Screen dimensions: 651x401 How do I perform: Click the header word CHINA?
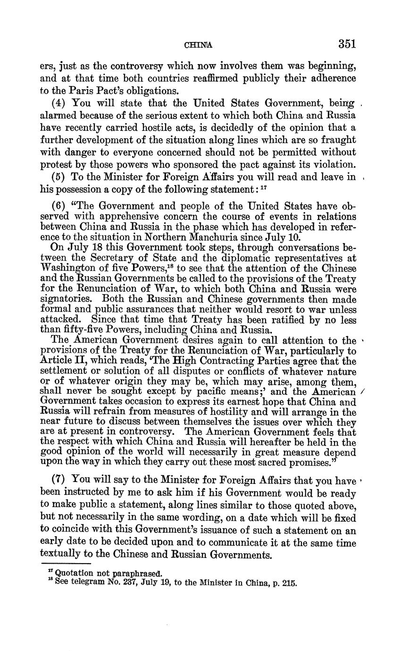(x=198, y=45)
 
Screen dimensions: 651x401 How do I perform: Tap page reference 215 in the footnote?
(x=289, y=583)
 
